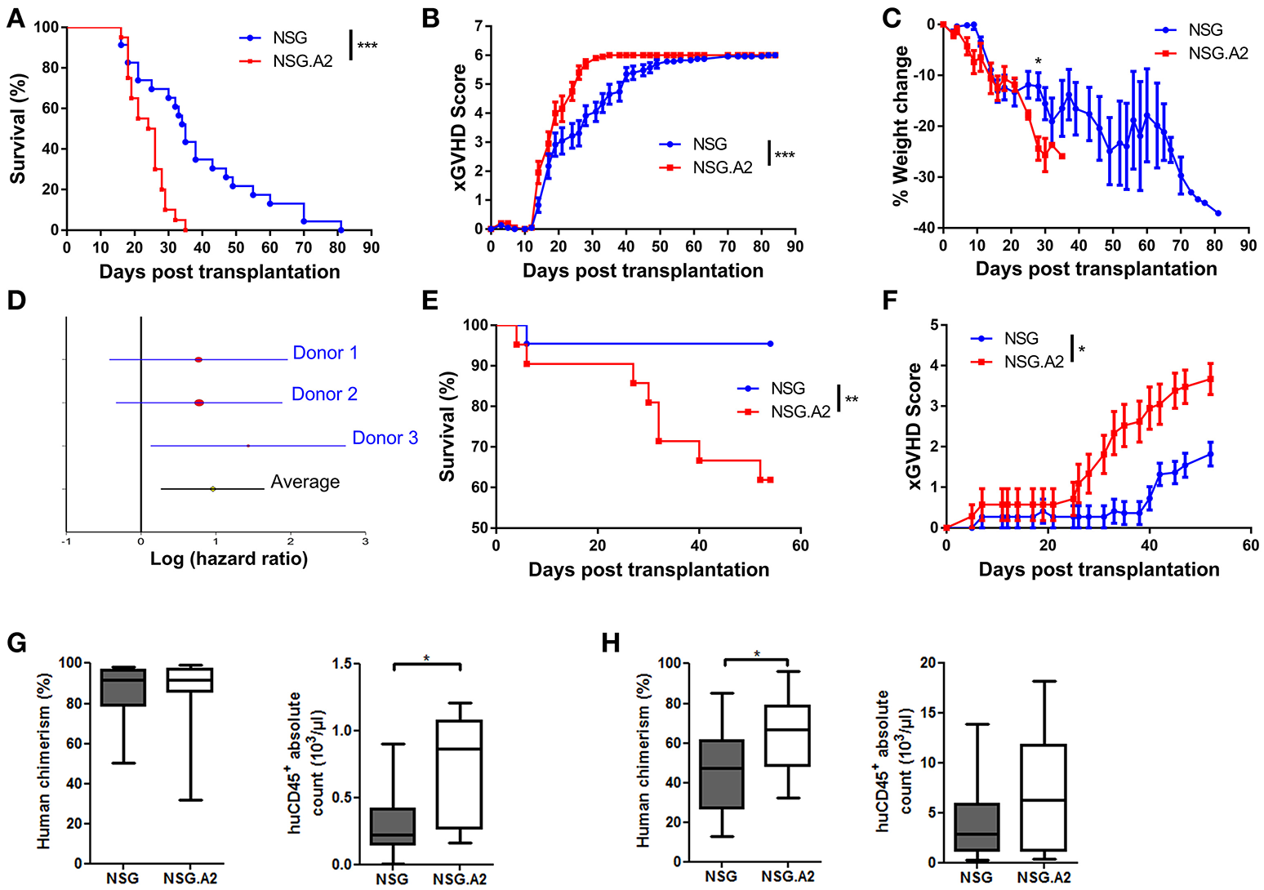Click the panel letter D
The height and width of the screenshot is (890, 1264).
click(16, 300)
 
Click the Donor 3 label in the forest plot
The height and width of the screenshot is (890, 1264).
click(385, 438)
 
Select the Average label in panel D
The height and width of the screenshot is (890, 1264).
click(305, 483)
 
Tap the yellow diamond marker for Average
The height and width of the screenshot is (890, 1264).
click(213, 489)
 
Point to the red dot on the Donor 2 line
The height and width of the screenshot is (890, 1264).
click(199, 403)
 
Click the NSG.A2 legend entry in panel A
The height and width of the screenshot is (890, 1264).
click(302, 60)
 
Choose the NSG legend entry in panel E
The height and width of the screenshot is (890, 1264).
click(787, 389)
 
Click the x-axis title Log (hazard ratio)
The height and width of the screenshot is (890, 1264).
click(229, 559)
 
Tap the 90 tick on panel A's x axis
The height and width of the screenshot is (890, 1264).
click(372, 247)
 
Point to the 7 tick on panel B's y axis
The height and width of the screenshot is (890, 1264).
click(478, 27)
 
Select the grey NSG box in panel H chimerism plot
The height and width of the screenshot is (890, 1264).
click(721, 774)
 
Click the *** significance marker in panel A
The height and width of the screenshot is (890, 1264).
click(367, 46)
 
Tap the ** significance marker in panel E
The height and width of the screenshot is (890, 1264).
click(852, 400)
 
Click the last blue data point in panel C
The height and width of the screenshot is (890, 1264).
click(1218, 213)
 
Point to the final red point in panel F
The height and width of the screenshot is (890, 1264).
click(1210, 379)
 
